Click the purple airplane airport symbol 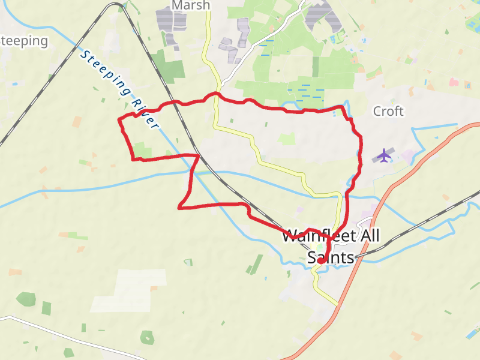pos(384,155)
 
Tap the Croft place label pos(388,111)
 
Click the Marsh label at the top pos(191,5)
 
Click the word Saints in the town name pos(329,257)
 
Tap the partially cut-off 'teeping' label pos(24,41)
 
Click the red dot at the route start pos(320,261)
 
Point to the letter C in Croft pos(377,112)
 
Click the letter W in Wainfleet pos(289,236)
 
